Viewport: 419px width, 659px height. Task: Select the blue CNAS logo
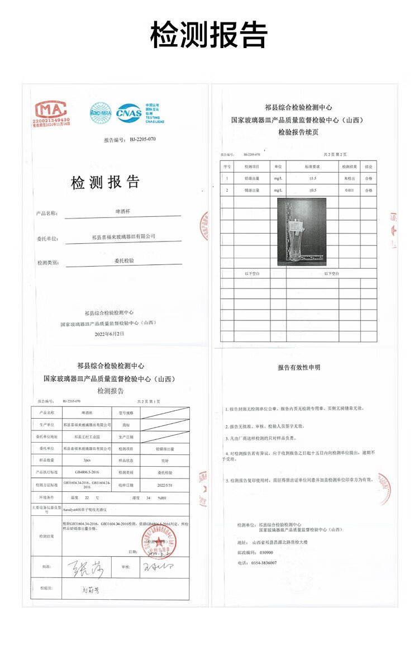[128, 112]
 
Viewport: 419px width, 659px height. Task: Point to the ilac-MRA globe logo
[101, 112]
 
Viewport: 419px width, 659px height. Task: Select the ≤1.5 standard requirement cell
[312, 178]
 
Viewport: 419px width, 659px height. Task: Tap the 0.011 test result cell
[349, 191]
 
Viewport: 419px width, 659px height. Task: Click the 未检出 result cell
[349, 178]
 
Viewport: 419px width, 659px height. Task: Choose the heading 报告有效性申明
[299, 367]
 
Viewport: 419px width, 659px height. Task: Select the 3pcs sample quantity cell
[87, 460]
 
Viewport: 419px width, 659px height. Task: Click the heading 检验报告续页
[298, 132]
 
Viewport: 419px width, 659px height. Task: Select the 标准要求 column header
[312, 167]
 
